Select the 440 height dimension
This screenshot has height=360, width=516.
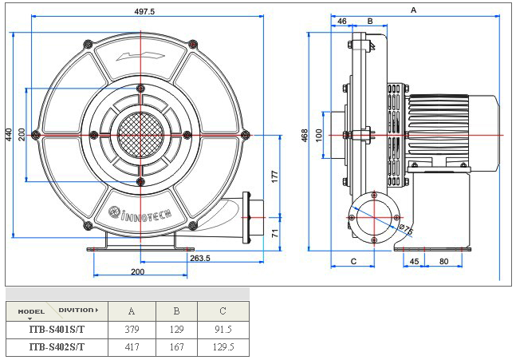click(x=9, y=135)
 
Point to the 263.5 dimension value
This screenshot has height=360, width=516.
click(x=199, y=258)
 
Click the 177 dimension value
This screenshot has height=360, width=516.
click(x=274, y=176)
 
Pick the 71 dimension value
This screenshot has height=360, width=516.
click(x=274, y=233)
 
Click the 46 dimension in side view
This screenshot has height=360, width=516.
click(x=341, y=21)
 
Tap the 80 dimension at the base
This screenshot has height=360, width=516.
click(x=443, y=261)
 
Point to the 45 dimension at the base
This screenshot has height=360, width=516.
click(x=414, y=261)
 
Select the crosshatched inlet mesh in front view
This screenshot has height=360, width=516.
click(x=140, y=133)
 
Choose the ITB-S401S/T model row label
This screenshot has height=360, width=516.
click(x=56, y=329)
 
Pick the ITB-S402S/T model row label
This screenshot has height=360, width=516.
click(x=56, y=347)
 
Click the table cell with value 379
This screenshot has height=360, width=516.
click(x=132, y=329)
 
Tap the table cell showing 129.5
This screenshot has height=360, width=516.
click(x=224, y=347)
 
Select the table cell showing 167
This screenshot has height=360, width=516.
click(x=177, y=347)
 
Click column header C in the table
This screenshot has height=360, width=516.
click(x=223, y=311)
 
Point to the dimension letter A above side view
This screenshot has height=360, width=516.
click(x=412, y=10)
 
